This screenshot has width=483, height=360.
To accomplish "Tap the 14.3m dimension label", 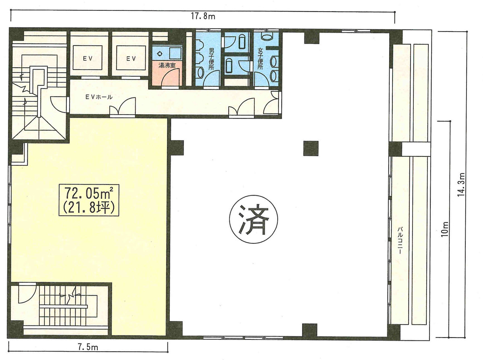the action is [461, 185].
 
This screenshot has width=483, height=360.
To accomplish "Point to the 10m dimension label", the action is [444, 229].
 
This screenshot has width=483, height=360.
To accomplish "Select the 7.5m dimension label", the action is [88, 348].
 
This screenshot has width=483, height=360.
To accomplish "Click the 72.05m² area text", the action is [89, 193].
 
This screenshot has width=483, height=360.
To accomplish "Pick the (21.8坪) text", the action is [89, 208].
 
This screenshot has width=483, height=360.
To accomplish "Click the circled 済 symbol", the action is [254, 219].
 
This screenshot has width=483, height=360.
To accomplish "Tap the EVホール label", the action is [99, 97].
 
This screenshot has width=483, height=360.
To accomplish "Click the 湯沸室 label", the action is [167, 65].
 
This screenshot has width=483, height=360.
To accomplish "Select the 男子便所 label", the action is [211, 60].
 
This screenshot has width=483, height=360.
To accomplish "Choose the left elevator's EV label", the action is [88, 58].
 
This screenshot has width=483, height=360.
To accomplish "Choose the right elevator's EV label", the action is [131, 58].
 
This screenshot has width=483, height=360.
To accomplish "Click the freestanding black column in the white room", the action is [311, 148].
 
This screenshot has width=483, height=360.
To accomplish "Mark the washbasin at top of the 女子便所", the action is [267, 36].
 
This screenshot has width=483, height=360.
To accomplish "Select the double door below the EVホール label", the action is [123, 107].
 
